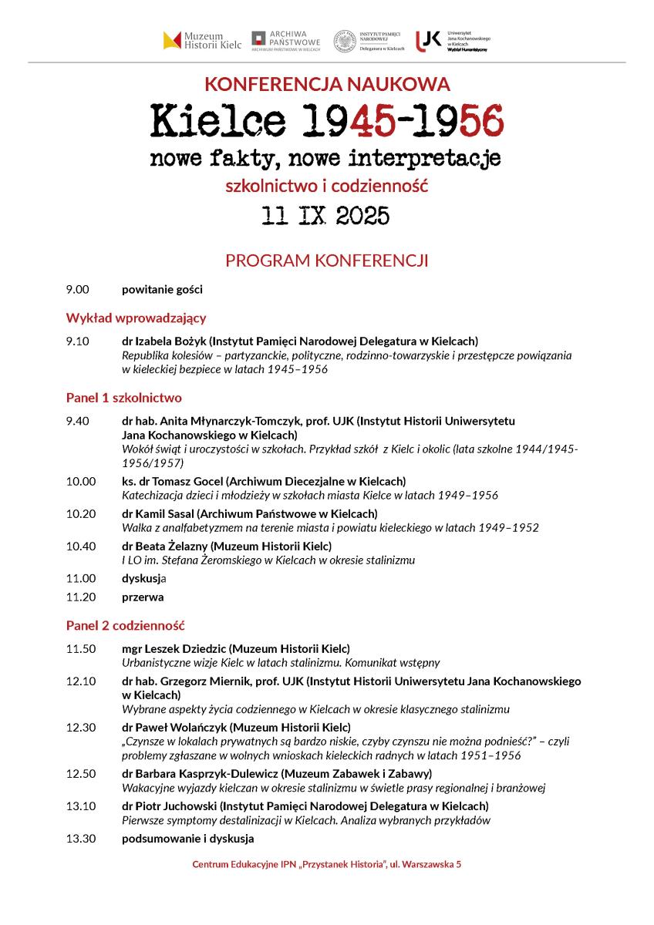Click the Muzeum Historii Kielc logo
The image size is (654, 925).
pyautogui.click(x=202, y=40)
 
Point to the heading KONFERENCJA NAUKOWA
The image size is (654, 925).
pyautogui.click(x=327, y=84)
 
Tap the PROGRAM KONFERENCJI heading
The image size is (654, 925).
pyautogui.click(x=326, y=261)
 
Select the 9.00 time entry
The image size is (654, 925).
pyautogui.click(x=78, y=290)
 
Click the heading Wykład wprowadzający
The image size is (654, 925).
pyautogui.click(x=136, y=318)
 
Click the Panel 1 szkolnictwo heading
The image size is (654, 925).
pyautogui.click(x=123, y=398)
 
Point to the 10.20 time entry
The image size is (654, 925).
pyautogui.click(x=81, y=513)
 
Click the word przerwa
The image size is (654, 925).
pyautogui.click(x=143, y=597)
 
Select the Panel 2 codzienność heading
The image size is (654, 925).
pyautogui.click(x=125, y=625)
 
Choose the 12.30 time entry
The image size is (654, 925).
pyautogui.click(x=81, y=728)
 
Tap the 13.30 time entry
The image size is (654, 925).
pyautogui.click(x=81, y=839)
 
